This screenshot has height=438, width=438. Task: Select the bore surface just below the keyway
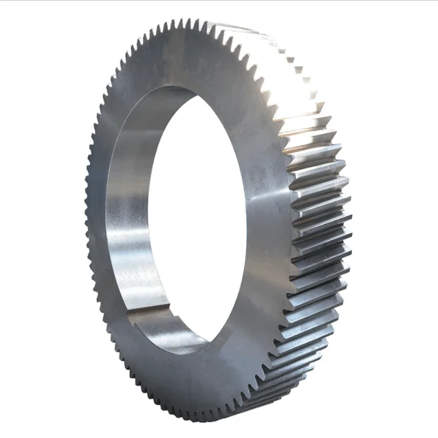coord(162,330)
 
